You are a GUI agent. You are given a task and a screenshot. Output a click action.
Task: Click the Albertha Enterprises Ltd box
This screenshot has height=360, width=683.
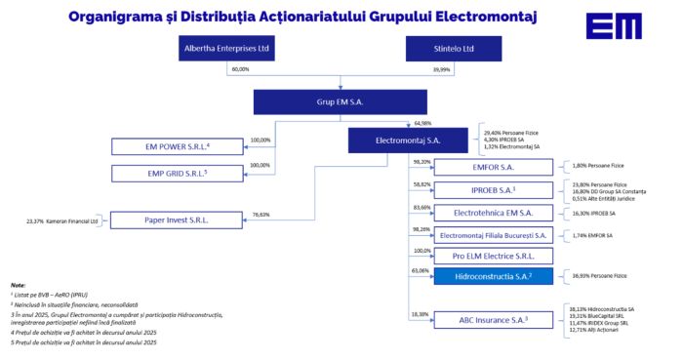[228, 49]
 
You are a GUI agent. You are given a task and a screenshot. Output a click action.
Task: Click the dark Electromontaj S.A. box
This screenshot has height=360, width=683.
[408, 141]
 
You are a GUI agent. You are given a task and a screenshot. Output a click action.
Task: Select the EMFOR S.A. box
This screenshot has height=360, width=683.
[492, 168]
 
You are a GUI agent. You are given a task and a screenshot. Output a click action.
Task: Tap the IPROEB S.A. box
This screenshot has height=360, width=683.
[492, 190]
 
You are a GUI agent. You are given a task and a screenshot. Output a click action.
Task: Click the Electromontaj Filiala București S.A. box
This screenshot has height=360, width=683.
[492, 235]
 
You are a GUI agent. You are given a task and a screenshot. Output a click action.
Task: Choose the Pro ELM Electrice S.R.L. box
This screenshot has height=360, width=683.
[492, 256]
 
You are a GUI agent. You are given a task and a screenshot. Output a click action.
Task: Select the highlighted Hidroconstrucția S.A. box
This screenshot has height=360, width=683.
[492, 277]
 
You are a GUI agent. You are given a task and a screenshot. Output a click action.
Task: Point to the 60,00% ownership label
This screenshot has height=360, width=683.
[240, 70]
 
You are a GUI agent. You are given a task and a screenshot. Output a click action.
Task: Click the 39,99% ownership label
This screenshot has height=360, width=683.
[441, 70]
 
